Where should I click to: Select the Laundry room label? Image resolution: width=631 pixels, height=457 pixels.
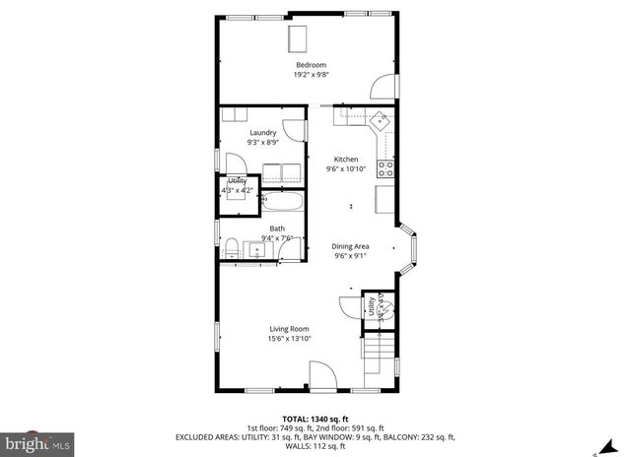tap(262, 133)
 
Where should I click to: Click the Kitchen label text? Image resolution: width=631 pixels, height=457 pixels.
tap(345, 160)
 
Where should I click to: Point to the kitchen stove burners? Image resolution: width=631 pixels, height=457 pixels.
tap(386, 168)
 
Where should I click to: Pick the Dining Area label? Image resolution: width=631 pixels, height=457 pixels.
tap(349, 247)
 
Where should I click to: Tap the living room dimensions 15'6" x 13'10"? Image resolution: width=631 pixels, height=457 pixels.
tap(290, 339)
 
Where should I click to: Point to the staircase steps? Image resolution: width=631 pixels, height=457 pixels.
tap(379, 359)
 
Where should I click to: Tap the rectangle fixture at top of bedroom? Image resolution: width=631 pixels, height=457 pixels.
tap(298, 38)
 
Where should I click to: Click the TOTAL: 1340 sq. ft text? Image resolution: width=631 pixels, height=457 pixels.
tap(315, 418)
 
